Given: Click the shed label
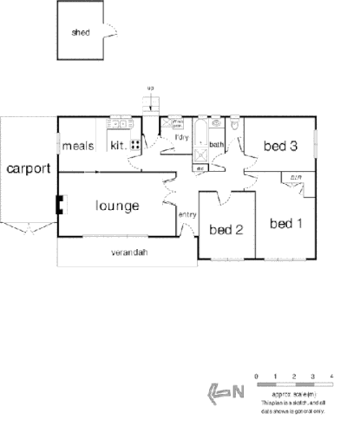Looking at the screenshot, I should click(80, 34).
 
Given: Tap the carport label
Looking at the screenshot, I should click(28, 168).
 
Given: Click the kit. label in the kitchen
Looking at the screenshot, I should click(118, 145).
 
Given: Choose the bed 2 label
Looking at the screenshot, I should click(225, 230).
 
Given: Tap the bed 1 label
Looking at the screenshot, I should click(285, 223).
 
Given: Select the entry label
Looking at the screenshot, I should click(187, 214).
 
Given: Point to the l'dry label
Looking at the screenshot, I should click(181, 138).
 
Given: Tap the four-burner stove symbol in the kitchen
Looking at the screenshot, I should click(136, 145).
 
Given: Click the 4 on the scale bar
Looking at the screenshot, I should click(333, 375).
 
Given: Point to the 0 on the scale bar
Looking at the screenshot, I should click(257, 375).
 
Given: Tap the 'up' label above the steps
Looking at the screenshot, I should click(150, 88).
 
